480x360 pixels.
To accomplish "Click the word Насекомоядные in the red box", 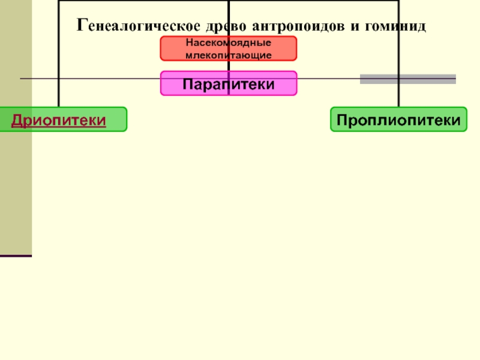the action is click(229, 44).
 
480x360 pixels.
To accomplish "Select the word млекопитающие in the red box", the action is click(229, 55).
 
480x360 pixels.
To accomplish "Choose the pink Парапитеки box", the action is click(229, 84).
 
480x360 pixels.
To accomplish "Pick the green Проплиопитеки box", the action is click(398, 120).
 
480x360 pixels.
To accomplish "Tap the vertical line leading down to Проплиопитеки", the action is click(398, 60).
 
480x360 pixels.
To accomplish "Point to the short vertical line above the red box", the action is click(229, 18).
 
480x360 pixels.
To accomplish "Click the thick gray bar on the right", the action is click(407, 79).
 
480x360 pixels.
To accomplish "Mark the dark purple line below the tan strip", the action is click(16, 256).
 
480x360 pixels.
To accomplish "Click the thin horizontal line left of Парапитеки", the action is click(90, 79).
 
